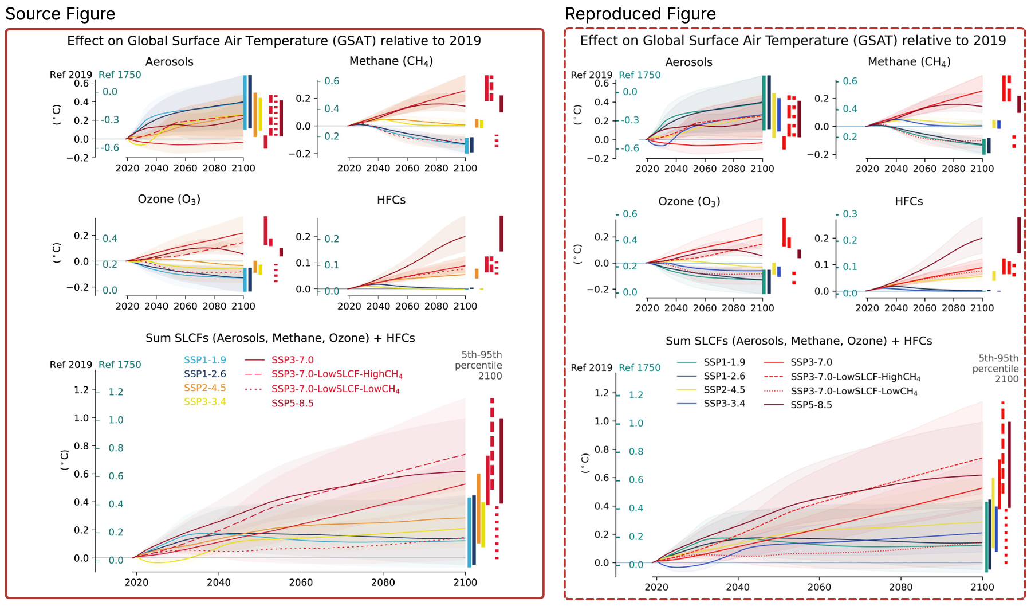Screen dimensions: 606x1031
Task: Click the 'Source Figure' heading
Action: point(60,14)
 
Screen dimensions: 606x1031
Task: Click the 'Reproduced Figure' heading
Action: point(640,14)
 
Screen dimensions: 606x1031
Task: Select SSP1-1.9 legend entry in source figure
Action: point(204,360)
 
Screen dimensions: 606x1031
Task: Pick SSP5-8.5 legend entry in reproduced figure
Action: point(811,405)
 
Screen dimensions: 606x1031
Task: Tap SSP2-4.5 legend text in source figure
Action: point(204,388)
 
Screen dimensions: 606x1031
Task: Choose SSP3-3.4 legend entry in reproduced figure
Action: point(724,404)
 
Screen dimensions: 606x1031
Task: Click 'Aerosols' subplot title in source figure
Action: point(169,62)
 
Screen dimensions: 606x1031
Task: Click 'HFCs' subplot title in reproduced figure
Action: point(908,201)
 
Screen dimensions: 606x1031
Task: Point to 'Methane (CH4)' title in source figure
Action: point(391,61)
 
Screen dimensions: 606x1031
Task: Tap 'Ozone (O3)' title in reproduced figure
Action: point(688,201)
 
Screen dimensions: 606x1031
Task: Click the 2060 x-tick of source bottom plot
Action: point(301,582)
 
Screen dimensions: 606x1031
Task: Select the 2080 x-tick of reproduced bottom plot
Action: point(900,587)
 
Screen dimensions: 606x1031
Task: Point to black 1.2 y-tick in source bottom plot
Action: point(81,390)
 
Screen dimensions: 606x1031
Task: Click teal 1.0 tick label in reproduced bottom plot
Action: point(636,423)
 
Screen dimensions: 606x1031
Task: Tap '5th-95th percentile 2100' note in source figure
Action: point(478,365)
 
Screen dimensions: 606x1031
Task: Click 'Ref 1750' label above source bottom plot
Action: point(120,365)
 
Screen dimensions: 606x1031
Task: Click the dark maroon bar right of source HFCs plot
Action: point(501,233)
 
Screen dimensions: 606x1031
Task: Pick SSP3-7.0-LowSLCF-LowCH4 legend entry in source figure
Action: point(335,389)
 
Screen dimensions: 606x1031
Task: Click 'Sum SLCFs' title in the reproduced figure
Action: point(798,341)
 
